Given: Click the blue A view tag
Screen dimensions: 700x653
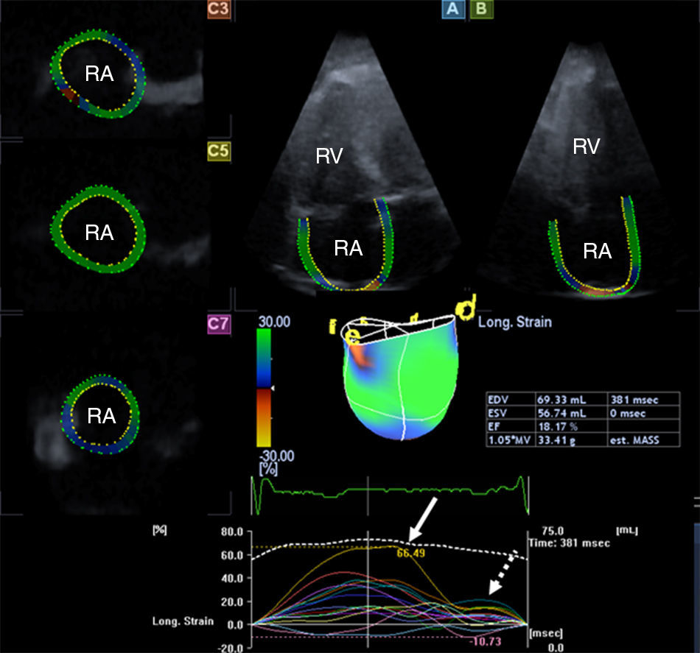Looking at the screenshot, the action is point(452,9).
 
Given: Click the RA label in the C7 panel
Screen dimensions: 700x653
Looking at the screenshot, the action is point(102,416).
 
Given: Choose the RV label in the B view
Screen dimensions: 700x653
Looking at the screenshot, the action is point(587,147).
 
